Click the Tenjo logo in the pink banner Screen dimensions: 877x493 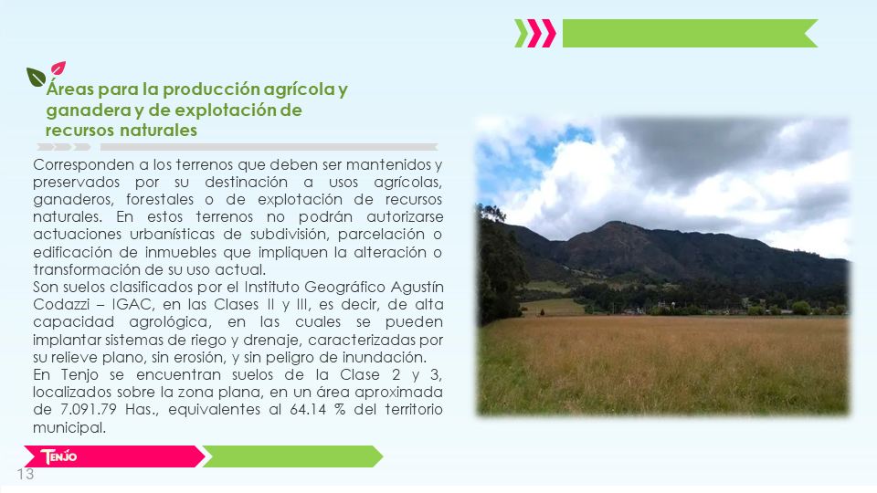(x=58, y=456)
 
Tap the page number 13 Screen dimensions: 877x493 (x=26, y=474)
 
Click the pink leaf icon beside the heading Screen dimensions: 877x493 (x=58, y=68)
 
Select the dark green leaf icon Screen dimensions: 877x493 (x=36, y=77)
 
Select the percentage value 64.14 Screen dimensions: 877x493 (x=308, y=409)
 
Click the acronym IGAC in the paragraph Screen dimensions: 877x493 (x=132, y=304)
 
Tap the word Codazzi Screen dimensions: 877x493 (x=61, y=304)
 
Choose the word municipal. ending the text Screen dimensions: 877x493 (x=69, y=428)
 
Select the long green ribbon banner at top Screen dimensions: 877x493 (x=690, y=33)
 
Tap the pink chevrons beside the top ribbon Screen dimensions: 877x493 (x=542, y=33)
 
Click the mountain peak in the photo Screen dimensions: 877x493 (x=614, y=225)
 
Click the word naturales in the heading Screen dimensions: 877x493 (x=159, y=131)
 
